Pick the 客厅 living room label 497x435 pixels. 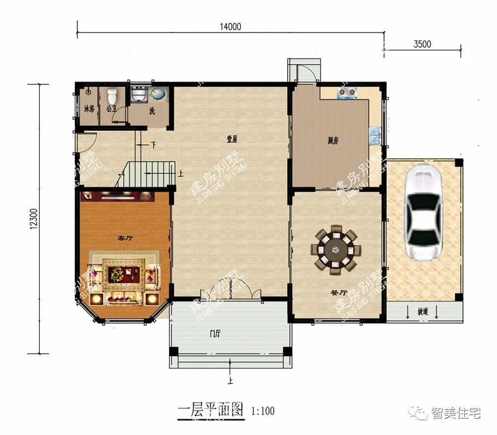[125, 238]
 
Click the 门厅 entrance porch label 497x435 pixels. [215, 334]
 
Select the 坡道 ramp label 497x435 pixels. [422, 312]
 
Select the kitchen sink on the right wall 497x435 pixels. [375, 135]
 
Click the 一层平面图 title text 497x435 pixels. [210, 410]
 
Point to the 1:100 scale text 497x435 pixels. [263, 411]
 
